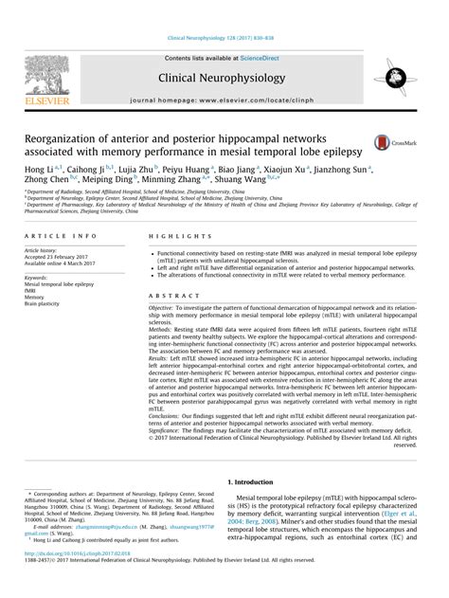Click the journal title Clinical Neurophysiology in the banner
(x=224, y=78)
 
